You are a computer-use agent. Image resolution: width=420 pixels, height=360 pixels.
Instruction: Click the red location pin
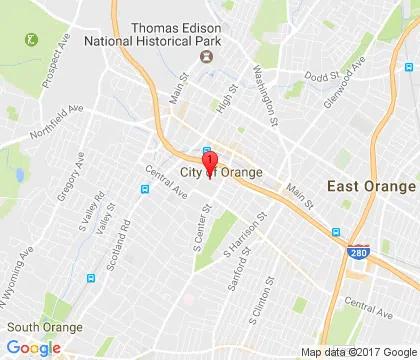[210, 164]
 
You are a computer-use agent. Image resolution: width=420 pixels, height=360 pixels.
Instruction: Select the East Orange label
[372, 187]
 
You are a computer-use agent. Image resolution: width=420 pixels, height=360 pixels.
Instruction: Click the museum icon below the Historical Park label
[207, 58]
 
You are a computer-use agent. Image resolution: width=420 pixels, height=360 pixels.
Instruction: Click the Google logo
[32, 348]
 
